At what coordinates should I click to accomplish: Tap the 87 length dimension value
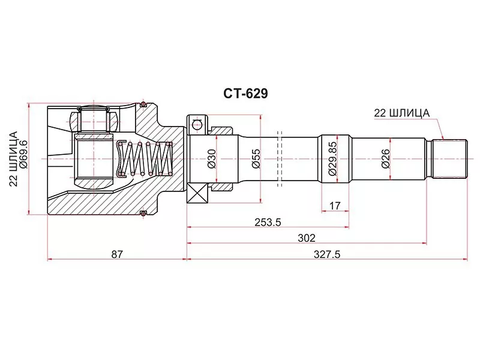117,254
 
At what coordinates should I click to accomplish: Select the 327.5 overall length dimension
328,254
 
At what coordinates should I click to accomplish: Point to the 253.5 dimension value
268,221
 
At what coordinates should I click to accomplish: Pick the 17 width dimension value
335,206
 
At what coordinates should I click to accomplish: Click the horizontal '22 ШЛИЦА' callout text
401,112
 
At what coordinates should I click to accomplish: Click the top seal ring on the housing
142,106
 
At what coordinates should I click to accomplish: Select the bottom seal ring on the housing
142,213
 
